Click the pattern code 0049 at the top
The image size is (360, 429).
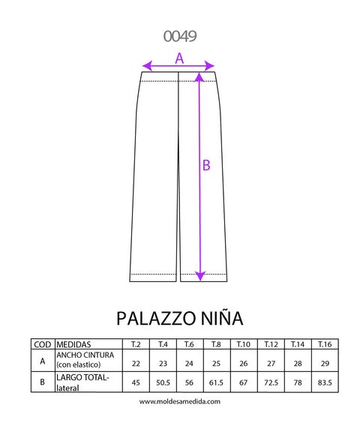tap(180, 36)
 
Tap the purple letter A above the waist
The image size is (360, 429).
tap(179, 58)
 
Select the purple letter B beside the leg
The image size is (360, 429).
tap(206, 165)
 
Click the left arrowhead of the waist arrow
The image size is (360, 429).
tap(147, 66)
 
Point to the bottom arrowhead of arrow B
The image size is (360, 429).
tap(200, 276)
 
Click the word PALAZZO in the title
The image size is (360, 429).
tap(157, 318)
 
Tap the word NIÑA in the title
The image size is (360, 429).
tap(222, 317)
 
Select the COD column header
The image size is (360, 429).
tap(43, 344)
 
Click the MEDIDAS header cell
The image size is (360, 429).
tap(73, 344)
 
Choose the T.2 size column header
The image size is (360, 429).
tap(136, 344)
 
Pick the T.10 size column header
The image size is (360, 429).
tap(244, 344)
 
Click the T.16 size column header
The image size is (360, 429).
tap(325, 344)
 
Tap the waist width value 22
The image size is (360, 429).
tap(136, 364)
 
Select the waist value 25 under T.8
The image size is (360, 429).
tap(217, 364)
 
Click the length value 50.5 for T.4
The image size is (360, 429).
tap(163, 382)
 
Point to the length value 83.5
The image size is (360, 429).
tap(325, 382)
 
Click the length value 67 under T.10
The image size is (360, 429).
tap(244, 382)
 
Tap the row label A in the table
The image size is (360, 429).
tap(43, 361)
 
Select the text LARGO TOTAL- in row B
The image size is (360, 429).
tap(82, 377)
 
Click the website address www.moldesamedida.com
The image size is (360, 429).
tap(180, 401)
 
